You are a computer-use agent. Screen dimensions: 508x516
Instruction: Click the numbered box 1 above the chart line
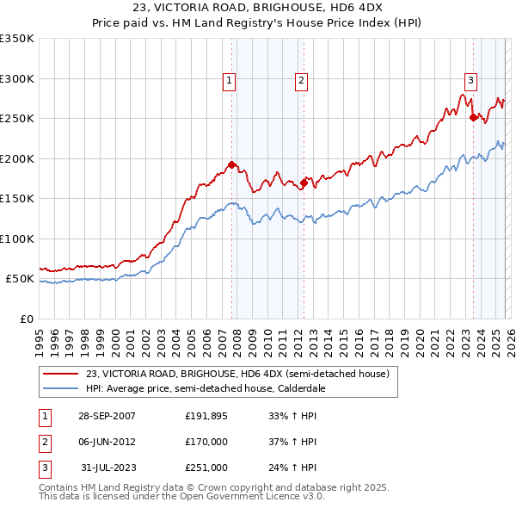[x=230, y=82]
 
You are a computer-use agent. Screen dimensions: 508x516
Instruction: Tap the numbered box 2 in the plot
[x=302, y=82]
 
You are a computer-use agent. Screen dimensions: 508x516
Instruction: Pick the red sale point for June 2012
[x=304, y=183]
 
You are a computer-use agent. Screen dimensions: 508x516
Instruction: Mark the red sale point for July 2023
[x=473, y=118]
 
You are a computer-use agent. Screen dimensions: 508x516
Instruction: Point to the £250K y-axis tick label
[x=17, y=119]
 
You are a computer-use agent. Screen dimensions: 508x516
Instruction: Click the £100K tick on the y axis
[x=17, y=239]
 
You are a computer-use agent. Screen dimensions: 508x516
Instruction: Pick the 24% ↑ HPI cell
[x=293, y=468]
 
